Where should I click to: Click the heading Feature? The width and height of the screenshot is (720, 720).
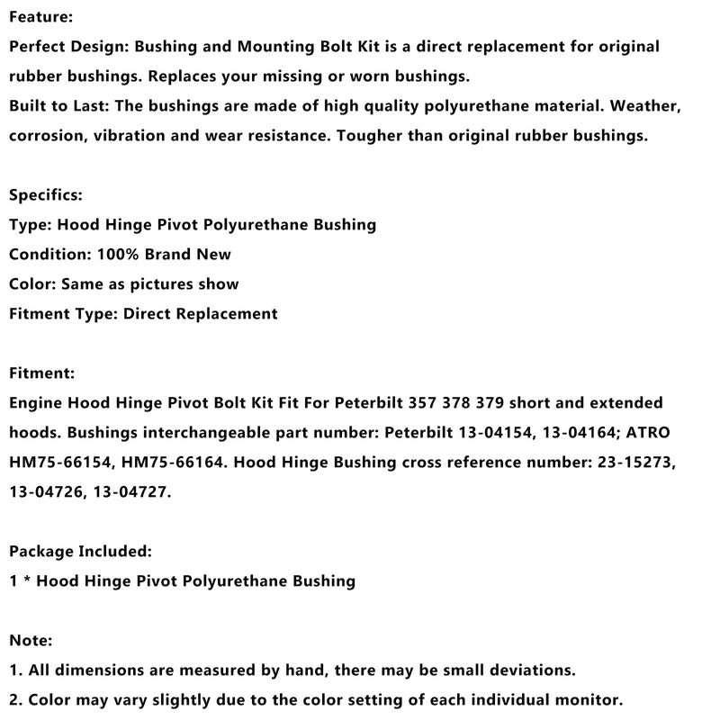(x=41, y=17)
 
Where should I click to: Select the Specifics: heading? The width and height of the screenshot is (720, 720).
(x=45, y=194)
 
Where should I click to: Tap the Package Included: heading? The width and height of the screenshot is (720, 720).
(x=80, y=551)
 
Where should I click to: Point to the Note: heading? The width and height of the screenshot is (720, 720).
(x=31, y=640)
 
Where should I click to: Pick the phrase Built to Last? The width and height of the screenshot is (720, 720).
(x=58, y=106)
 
